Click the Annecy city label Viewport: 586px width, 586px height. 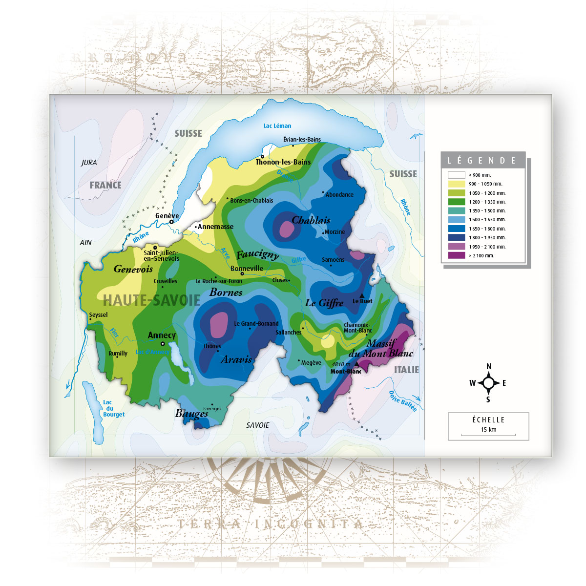162,335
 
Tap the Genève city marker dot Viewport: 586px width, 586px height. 171,222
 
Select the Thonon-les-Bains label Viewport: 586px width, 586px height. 283,162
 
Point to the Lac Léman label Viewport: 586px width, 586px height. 277,126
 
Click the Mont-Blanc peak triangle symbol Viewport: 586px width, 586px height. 356,364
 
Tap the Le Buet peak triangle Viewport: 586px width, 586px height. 362,295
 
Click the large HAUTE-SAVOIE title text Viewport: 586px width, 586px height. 151,300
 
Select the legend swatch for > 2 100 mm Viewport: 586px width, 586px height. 456,255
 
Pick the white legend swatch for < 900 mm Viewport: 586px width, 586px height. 456,175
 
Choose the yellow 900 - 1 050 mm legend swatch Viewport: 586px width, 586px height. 456,184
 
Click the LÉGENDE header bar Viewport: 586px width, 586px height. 482,160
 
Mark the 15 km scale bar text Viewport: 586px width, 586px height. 488,430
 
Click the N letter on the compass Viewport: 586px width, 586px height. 489,366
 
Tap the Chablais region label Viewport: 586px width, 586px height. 311,220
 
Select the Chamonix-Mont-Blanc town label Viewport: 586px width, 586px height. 357,328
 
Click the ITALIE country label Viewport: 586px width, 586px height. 406,370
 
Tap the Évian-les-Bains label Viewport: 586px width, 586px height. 302,139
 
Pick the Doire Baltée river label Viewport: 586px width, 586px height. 403,401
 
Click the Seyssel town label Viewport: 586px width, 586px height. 98,314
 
